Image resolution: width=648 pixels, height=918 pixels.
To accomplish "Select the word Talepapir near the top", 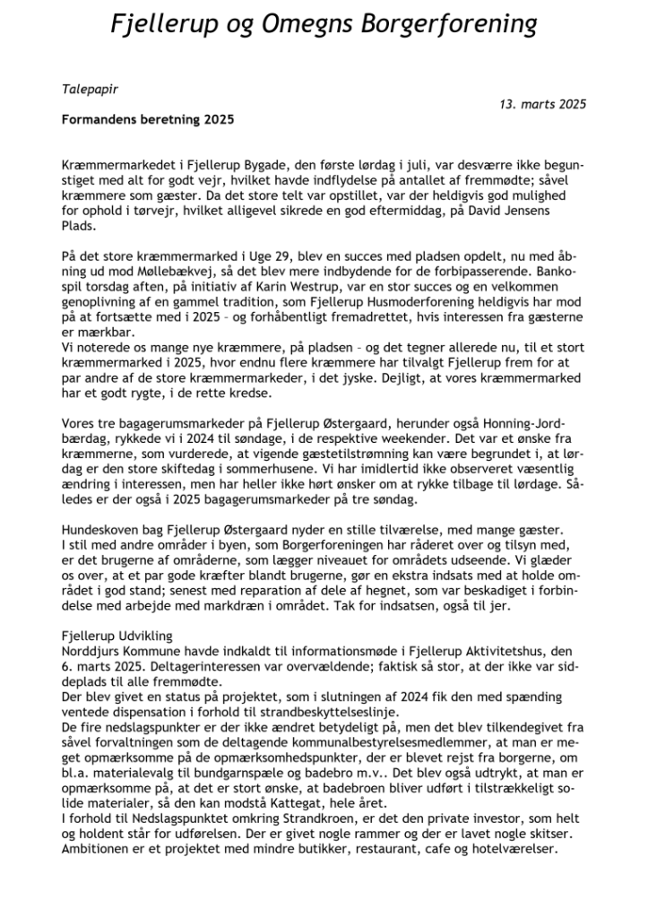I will [x=90, y=91].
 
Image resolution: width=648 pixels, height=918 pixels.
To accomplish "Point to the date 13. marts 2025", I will [x=542, y=104].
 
